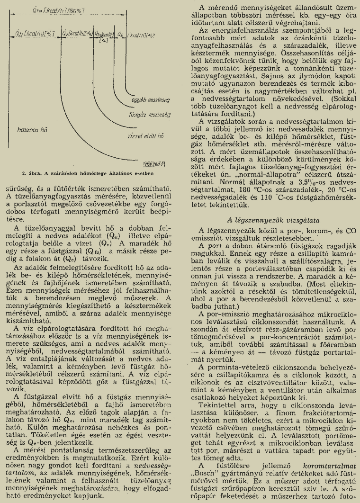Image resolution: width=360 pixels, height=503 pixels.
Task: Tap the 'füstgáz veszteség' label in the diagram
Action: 150,115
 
